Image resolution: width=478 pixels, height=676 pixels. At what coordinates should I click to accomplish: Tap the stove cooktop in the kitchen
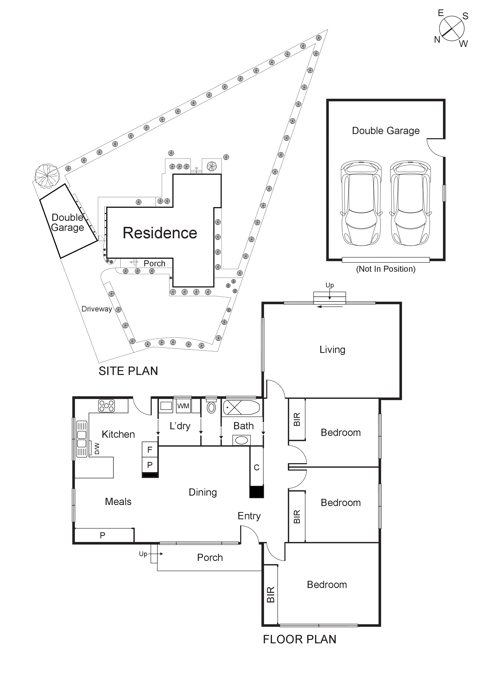[106, 405]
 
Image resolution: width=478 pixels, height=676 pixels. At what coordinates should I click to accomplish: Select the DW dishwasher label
[97, 449]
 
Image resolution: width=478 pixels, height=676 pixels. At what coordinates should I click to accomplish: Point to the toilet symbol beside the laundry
[211, 407]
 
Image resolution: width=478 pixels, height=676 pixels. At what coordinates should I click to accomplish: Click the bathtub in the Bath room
[241, 408]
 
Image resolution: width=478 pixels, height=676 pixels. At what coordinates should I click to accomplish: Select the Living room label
[332, 350]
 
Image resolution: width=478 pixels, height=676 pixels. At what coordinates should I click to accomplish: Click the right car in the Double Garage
[410, 203]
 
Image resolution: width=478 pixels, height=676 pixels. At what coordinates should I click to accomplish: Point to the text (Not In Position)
[386, 269]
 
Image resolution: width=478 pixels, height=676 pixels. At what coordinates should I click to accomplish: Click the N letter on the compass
[437, 39]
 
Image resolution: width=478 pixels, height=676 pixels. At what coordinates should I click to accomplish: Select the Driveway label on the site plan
[97, 309]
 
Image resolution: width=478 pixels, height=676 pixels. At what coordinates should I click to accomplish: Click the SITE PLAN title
[128, 371]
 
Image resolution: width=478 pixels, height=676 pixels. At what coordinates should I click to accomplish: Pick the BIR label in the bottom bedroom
[270, 594]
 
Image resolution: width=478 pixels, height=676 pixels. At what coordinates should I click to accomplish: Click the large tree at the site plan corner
[47, 176]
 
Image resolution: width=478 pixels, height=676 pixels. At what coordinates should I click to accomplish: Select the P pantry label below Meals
[102, 535]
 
